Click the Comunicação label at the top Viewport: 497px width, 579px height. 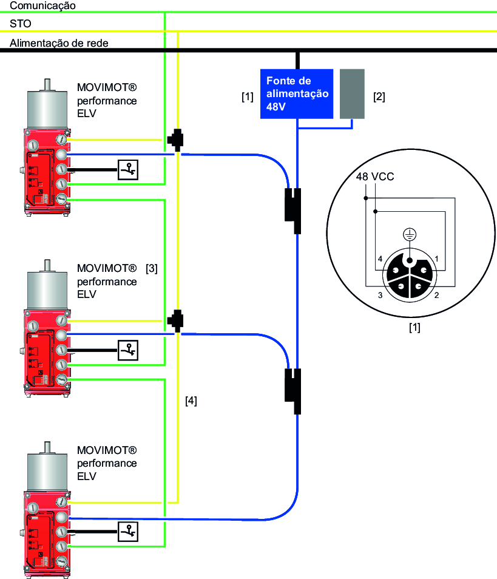pos(42,5)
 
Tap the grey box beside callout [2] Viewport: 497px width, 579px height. pos(353,93)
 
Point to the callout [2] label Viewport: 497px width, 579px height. pos(379,96)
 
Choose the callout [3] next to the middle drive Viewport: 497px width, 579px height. pos(152,268)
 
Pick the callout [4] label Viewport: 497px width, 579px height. pos(191,401)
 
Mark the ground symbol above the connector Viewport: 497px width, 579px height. pos(410,235)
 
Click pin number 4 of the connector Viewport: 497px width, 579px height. pos(379,259)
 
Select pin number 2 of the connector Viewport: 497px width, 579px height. pos(436,295)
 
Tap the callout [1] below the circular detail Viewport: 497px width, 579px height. pos(414,328)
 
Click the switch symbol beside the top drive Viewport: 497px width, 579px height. pos(128,171)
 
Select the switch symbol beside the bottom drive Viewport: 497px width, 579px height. pos(128,531)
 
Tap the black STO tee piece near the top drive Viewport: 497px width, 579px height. pos(177,140)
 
